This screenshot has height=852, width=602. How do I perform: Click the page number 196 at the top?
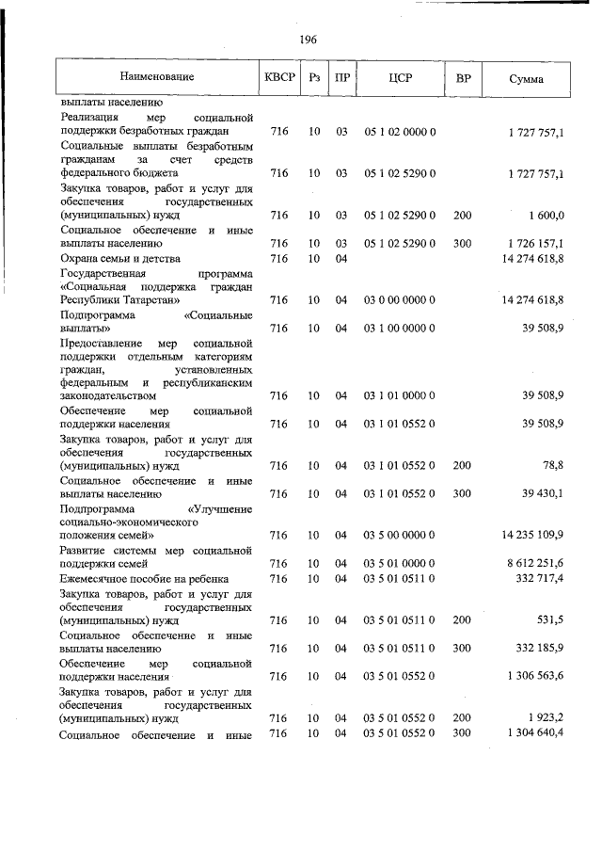[308, 40]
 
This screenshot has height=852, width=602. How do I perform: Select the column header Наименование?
[156, 76]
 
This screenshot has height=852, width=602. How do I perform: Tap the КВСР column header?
[279, 76]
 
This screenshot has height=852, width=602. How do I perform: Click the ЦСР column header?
[400, 76]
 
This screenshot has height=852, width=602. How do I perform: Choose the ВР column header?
[463, 76]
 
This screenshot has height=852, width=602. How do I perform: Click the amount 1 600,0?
[545, 216]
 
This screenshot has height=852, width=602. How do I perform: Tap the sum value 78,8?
[549, 465]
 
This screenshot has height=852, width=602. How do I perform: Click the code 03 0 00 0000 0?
[400, 300]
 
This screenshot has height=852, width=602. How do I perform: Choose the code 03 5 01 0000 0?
[400, 563]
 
